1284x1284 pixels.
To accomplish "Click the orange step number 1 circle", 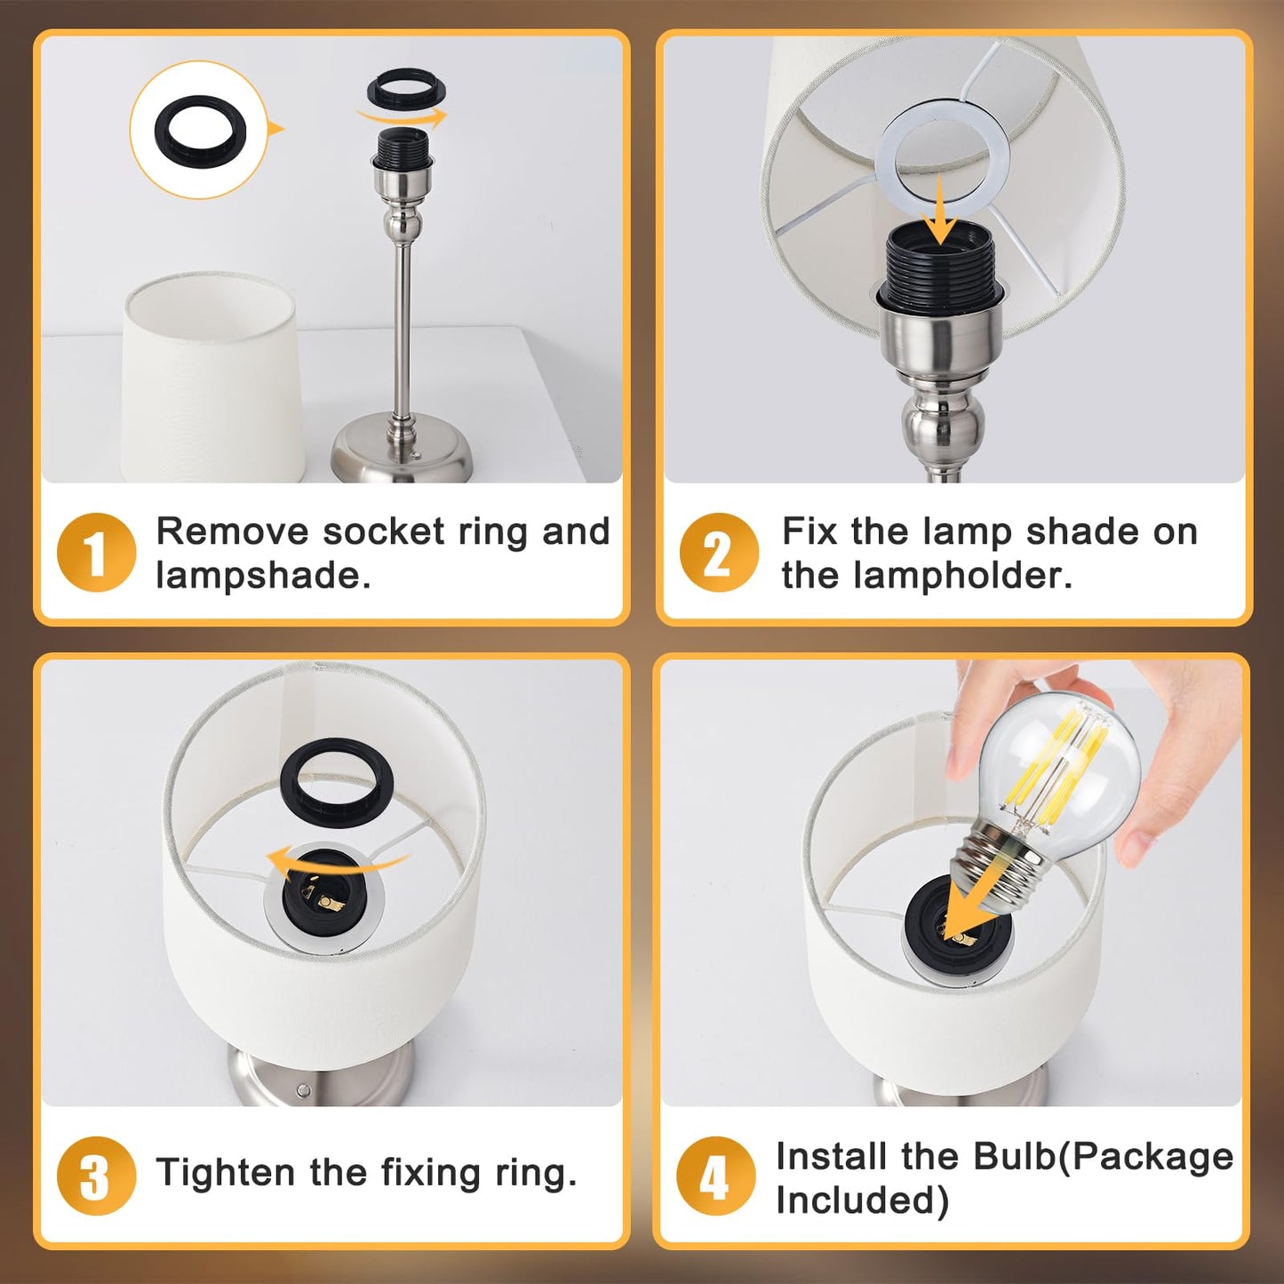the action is pyautogui.click(x=97, y=553).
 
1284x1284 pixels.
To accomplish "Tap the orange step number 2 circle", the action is pyautogui.click(x=719, y=553).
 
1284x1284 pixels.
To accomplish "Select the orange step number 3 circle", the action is pyautogui.click(x=97, y=1176).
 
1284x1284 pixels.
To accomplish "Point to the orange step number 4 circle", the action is pyautogui.click(x=716, y=1176).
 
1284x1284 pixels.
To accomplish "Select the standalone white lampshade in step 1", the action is pyautogui.click(x=211, y=377).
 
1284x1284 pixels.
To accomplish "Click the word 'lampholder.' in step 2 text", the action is pyautogui.click(x=964, y=575).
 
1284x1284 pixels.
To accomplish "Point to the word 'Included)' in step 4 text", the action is pyautogui.click(x=862, y=1200).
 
